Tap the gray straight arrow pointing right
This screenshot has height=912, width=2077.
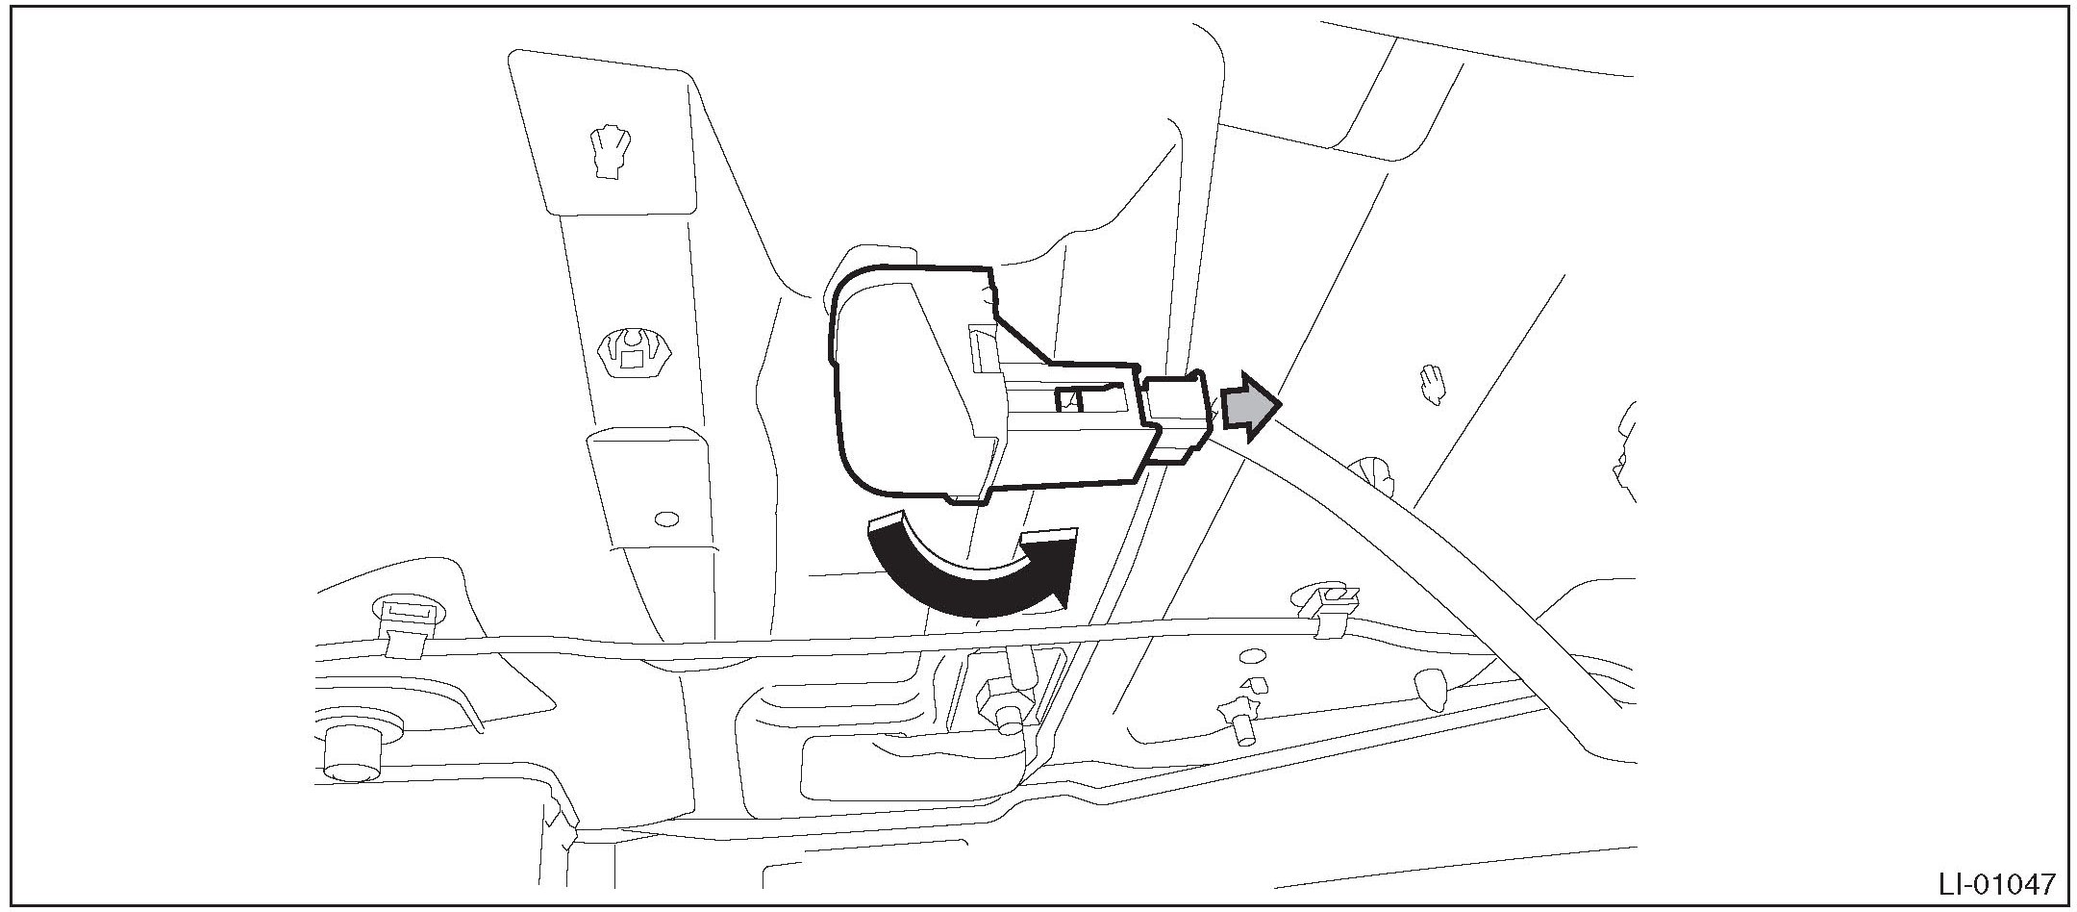pos(1251,406)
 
